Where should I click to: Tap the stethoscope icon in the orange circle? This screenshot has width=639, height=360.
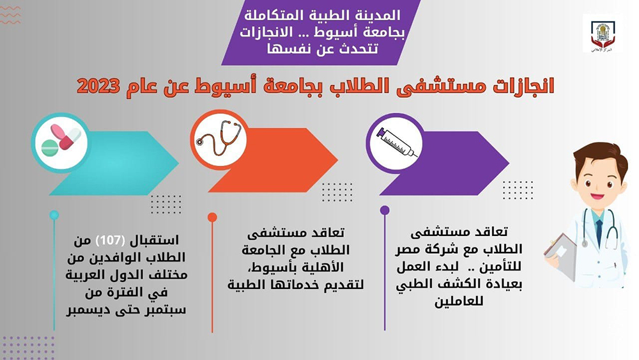(x=219, y=139)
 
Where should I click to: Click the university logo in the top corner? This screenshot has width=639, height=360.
(x=602, y=34)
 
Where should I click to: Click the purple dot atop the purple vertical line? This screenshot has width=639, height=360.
(x=385, y=210)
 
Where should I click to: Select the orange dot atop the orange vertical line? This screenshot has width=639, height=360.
(x=213, y=217)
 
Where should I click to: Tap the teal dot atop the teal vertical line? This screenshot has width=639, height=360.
(x=54, y=215)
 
